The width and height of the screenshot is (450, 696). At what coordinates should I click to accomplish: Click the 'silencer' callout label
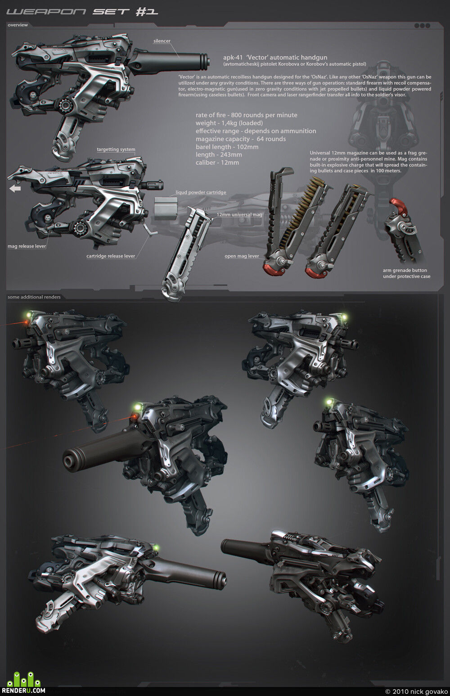(162, 41)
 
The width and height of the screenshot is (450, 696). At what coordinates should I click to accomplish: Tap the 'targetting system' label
(116, 149)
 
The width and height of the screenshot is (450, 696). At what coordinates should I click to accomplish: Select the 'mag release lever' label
(27, 246)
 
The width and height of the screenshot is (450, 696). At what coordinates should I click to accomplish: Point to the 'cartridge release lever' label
(111, 256)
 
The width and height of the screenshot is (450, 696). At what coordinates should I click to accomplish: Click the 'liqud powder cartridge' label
(201, 192)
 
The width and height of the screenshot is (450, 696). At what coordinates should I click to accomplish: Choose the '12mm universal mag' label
(239, 215)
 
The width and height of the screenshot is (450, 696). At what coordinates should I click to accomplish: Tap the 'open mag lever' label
(242, 256)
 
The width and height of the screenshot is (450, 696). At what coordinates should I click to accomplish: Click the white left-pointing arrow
(15, 188)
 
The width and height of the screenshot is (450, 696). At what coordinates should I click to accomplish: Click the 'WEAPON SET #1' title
(82, 12)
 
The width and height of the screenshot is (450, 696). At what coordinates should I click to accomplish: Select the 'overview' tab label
(18, 25)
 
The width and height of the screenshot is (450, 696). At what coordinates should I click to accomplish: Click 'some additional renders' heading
(34, 297)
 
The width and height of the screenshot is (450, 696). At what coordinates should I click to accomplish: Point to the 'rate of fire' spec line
(246, 115)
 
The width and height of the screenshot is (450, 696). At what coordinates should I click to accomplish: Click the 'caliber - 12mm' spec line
(217, 163)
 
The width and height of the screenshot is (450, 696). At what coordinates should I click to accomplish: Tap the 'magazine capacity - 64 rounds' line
(241, 139)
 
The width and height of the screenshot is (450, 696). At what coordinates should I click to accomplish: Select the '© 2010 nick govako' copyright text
(416, 691)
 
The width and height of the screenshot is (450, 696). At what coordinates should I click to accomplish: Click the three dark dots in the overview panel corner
(423, 26)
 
